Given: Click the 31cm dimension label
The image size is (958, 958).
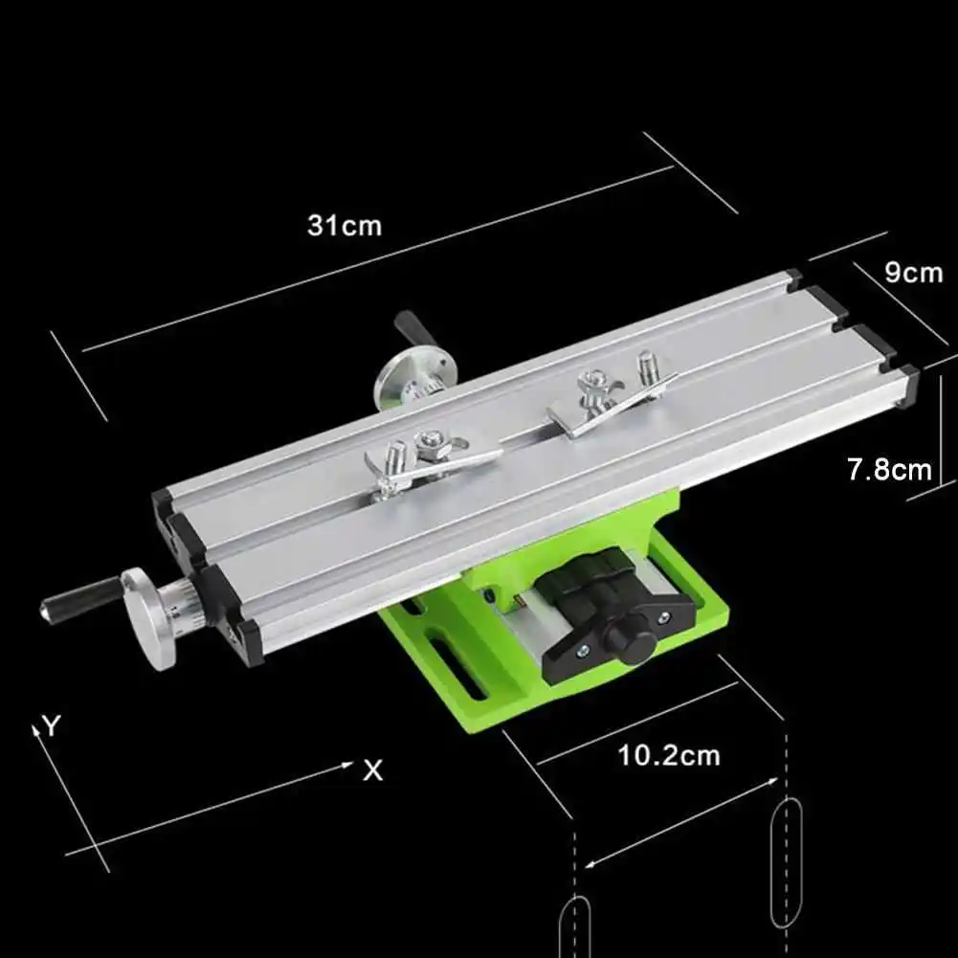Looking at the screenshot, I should coord(344,226).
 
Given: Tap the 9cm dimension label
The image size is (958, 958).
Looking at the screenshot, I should coord(912,273).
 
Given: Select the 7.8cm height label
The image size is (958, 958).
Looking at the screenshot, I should coord(889,470).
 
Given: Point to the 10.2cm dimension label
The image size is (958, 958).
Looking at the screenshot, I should coord(668,756).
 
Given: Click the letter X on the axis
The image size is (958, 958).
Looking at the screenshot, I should coord(372,770).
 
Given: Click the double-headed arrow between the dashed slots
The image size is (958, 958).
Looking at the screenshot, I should coord(682,823).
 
